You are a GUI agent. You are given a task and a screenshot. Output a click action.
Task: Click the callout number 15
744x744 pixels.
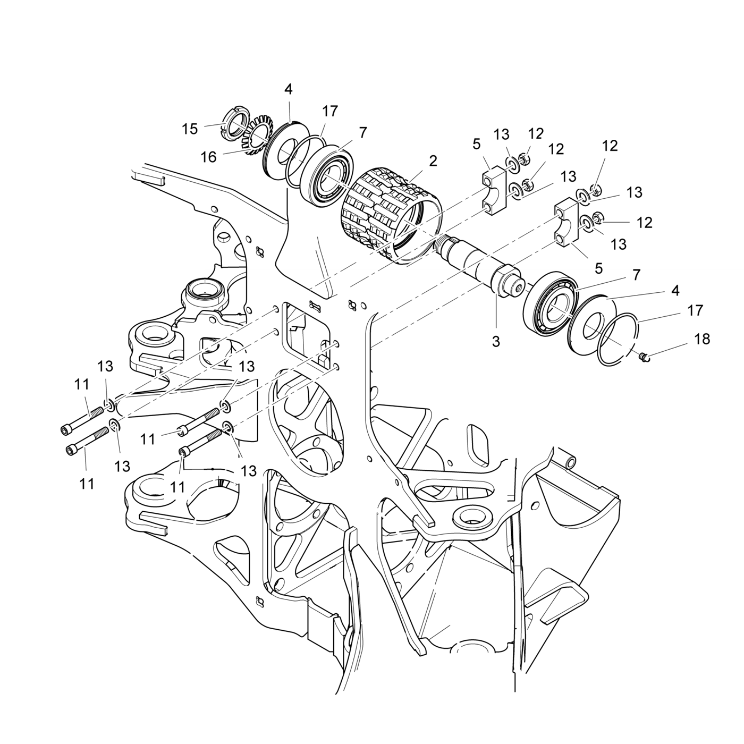(x=190, y=129)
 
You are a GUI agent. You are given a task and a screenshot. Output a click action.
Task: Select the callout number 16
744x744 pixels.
(x=209, y=157)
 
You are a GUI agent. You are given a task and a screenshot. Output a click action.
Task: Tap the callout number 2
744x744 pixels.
(x=433, y=161)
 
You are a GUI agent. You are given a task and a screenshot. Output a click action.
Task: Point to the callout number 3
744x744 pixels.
(x=495, y=342)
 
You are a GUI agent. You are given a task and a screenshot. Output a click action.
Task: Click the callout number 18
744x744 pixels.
(x=702, y=339)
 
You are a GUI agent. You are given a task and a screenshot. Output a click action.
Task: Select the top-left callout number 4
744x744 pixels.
(x=288, y=89)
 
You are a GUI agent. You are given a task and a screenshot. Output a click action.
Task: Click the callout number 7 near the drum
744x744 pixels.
(x=363, y=132)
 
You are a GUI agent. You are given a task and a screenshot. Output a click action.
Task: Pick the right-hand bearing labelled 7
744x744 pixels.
(x=550, y=306)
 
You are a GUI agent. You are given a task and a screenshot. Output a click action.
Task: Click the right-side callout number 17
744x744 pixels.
(x=695, y=310)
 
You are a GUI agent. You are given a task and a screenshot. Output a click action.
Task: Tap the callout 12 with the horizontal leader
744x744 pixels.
(x=644, y=222)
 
